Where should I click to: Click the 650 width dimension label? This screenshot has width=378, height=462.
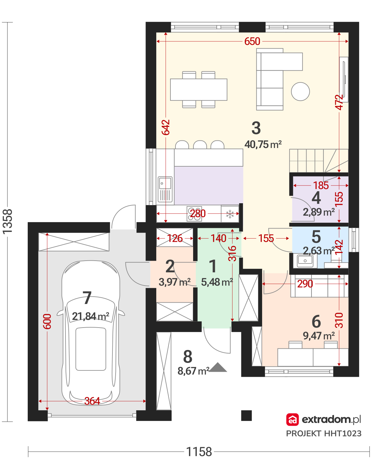252,41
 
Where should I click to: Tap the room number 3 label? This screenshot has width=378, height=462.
256,128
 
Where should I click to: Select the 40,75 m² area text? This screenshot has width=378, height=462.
263,145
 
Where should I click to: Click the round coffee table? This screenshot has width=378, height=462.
300,91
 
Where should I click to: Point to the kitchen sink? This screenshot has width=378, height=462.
165,189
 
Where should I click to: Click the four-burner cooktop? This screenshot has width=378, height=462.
194,213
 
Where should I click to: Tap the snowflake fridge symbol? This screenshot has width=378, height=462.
230,214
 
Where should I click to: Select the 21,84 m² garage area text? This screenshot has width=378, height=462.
90,316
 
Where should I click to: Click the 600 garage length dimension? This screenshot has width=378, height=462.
47,321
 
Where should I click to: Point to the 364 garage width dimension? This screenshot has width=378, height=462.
92,401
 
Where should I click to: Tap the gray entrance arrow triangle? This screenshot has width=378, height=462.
218,367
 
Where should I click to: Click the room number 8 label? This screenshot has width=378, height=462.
187,356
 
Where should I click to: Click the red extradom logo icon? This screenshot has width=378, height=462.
292,419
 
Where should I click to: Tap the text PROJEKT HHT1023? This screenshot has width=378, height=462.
324,433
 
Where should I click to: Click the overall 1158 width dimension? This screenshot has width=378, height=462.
199,452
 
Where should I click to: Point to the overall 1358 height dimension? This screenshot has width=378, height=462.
7,221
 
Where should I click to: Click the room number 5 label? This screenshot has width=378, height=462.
316,237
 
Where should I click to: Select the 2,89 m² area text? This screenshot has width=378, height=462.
318,212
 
